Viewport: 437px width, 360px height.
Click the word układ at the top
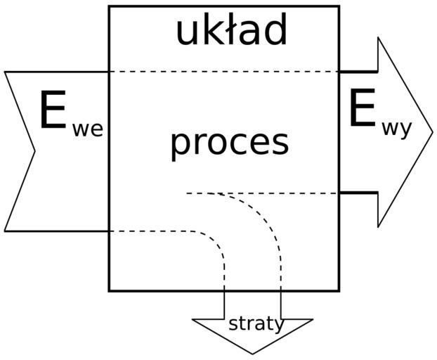pos(231,32)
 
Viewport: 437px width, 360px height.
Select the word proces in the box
pos(229,143)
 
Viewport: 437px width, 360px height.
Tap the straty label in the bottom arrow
pos(256,324)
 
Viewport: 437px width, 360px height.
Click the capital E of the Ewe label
pos(53,111)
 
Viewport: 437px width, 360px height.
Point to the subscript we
pos(88,129)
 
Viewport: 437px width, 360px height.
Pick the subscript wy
pos(397,131)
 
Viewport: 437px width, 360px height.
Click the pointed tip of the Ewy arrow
pos(433,132)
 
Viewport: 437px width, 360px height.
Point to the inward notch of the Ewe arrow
pos(34,150)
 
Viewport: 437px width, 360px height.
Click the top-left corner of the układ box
pos(109,6)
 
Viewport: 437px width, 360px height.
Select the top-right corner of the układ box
pos(339,6)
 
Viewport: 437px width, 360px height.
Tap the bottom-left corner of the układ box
pos(109,290)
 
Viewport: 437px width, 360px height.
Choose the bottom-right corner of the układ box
pos(339,290)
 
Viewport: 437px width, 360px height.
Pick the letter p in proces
pos(180,145)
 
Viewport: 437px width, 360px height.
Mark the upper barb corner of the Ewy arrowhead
pos(378,37)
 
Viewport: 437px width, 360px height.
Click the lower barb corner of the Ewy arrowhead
pos(378,227)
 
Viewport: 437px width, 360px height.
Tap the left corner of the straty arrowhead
pos(193,320)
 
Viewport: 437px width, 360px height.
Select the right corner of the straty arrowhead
pos(313,320)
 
